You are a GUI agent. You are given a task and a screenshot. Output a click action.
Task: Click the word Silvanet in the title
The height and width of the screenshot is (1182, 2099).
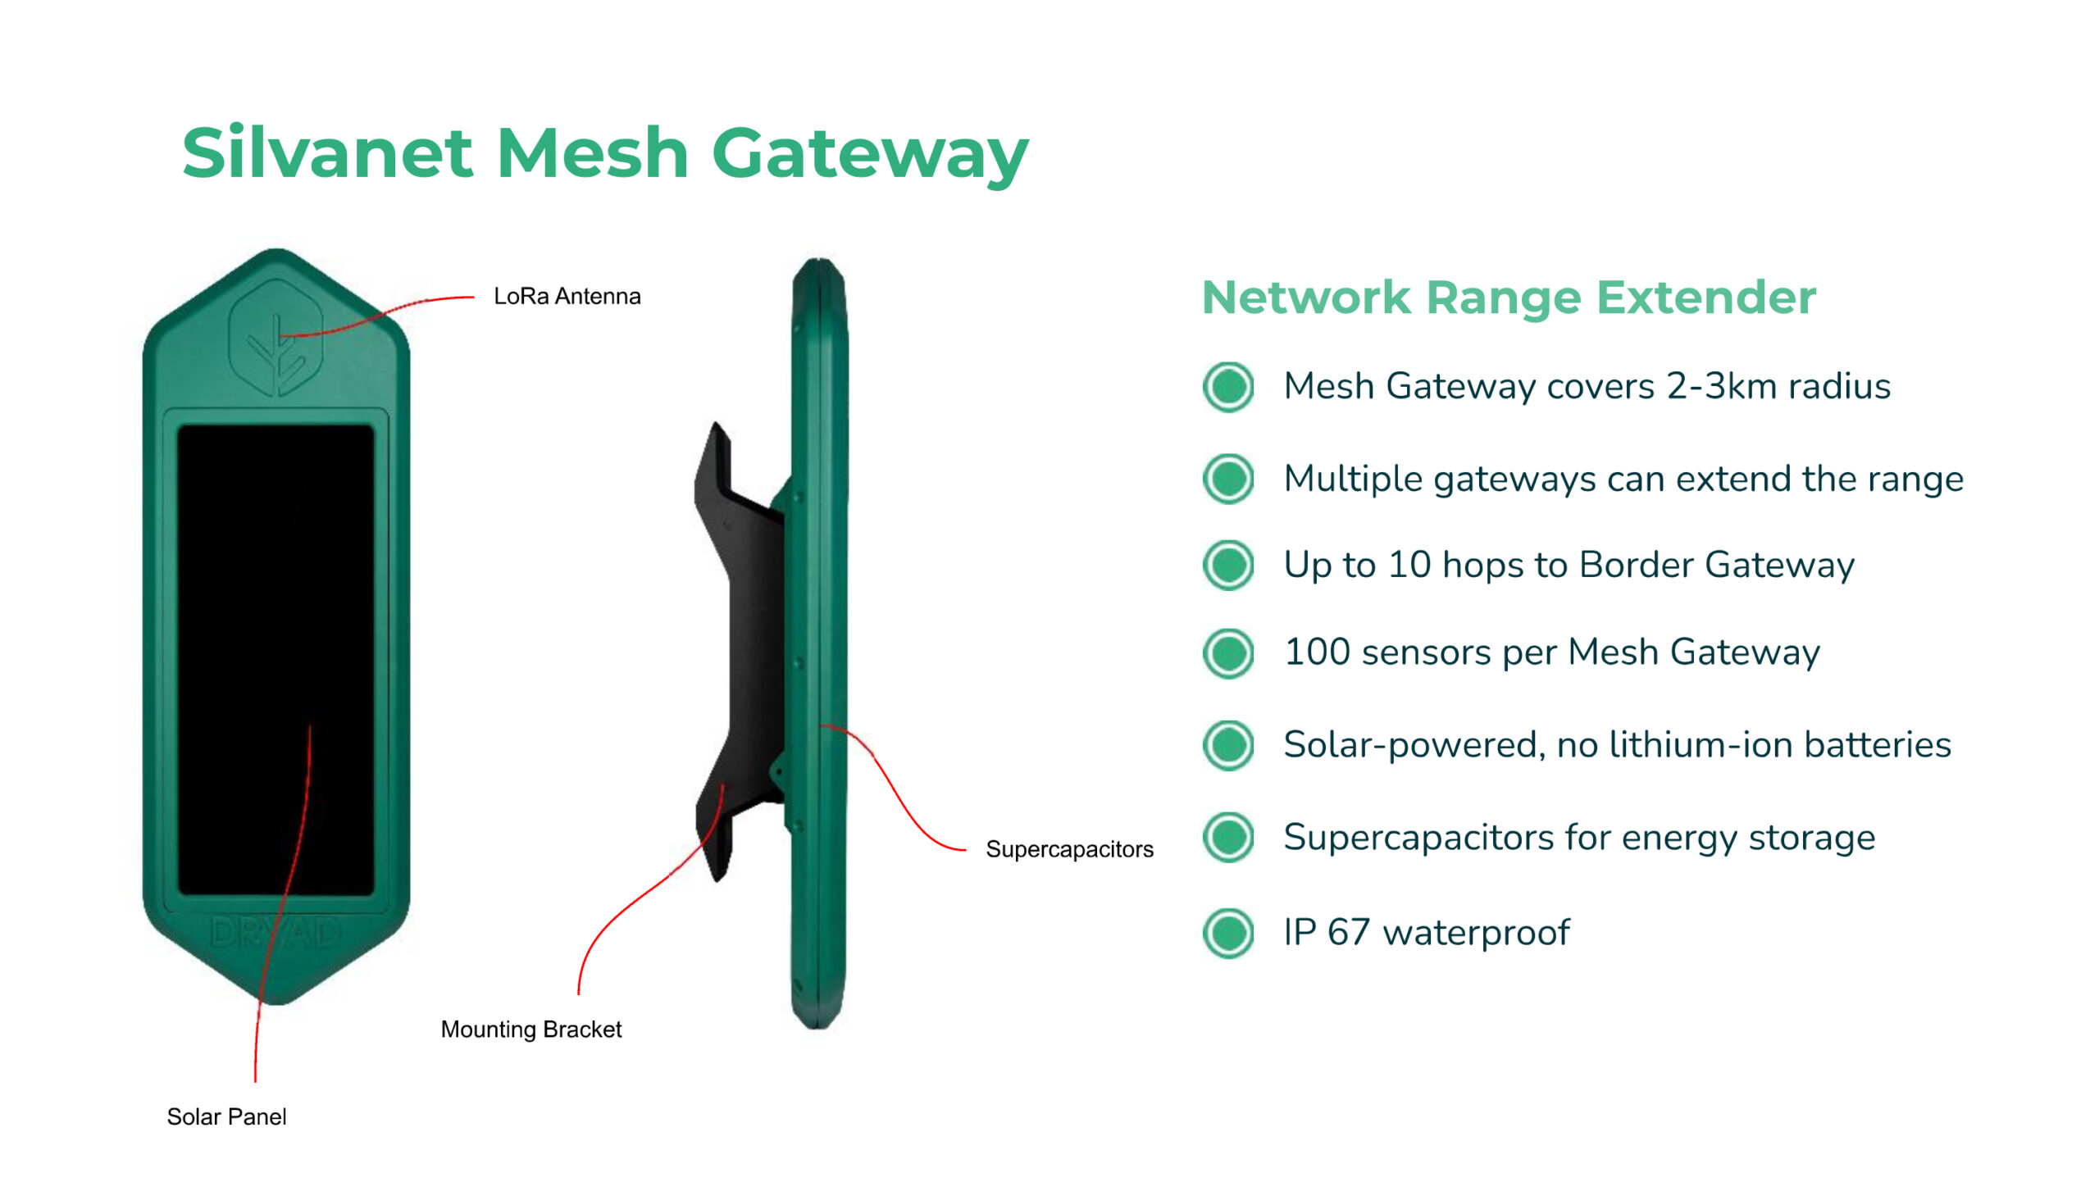[327, 153]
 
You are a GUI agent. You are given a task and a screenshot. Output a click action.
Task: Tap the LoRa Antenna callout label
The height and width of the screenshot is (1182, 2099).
[567, 296]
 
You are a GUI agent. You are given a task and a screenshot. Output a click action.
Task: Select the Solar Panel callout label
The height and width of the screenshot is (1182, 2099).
[226, 1116]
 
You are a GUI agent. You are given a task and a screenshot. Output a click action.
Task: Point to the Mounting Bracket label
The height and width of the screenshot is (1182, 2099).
[531, 1030]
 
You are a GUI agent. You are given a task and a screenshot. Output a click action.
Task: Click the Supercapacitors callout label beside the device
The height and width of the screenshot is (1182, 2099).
[1069, 849]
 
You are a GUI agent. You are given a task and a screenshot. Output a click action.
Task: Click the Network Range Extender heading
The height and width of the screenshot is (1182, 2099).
[1509, 297]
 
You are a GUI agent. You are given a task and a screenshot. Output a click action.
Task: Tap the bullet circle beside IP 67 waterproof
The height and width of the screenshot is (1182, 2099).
[1227, 934]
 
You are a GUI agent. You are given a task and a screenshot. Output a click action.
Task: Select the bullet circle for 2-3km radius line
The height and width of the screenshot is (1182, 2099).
[1227, 386]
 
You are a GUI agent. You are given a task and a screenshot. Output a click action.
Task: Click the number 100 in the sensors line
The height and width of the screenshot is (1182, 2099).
[1317, 652]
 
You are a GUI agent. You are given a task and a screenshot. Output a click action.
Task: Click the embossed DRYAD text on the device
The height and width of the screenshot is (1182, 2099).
[275, 934]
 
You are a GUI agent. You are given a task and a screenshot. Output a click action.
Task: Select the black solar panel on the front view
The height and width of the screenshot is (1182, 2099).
[275, 623]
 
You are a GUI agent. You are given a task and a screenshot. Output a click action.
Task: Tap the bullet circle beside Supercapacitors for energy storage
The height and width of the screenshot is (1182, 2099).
[1227, 838]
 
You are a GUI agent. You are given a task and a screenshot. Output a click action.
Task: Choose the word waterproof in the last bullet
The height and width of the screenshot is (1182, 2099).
[1476, 933]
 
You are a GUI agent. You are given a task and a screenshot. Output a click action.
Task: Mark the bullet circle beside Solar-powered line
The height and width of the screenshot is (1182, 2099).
[1227, 745]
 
